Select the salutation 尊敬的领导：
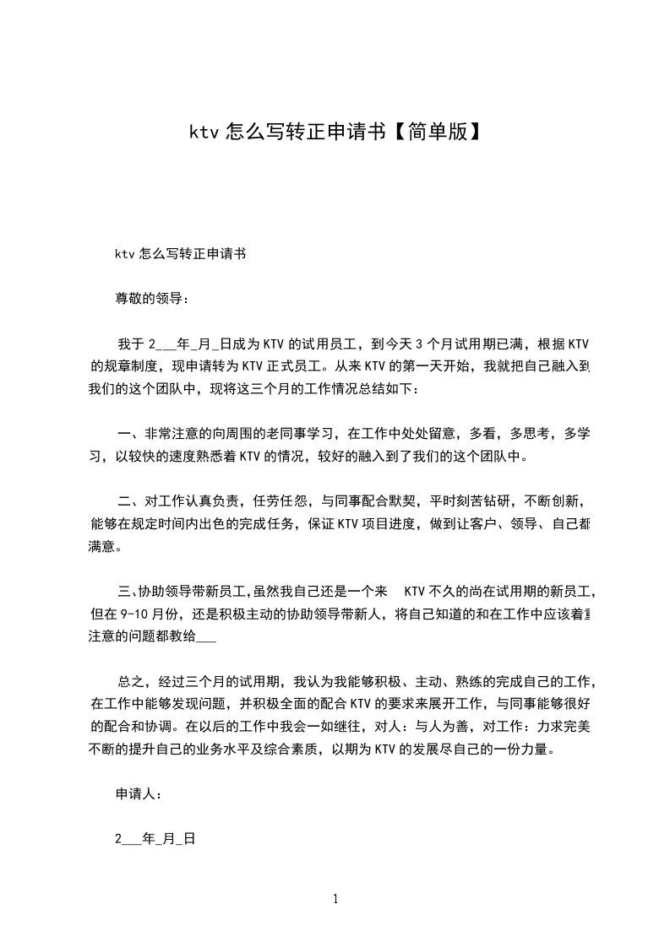153,298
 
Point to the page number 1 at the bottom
335,899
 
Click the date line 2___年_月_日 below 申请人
155,839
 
